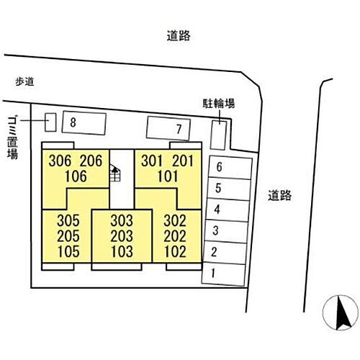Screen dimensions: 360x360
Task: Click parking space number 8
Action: pos(84,123)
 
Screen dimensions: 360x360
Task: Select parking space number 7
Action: pos(168,128)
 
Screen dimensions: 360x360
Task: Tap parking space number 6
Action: pos(230,167)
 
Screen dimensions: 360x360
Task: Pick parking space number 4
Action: pos(228,210)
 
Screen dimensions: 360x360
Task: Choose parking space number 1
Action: pos(224,274)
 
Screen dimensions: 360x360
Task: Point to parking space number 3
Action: pos(226,231)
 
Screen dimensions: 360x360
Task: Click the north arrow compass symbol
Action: pos(341,312)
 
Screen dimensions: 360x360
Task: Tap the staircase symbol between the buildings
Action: pos(115,173)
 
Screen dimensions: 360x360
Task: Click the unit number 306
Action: pos(60,161)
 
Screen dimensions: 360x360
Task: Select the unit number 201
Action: pos(183,161)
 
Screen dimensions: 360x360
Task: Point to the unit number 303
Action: pos(122,220)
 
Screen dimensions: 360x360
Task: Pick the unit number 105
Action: pos(68,251)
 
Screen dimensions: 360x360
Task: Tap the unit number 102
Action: pos(175,251)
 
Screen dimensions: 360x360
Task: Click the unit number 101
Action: pos(168,176)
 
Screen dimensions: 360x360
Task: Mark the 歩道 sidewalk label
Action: pos(24,81)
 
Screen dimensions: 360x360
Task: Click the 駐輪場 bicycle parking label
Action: pos(218,104)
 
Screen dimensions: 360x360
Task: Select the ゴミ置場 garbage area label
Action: pos(12,138)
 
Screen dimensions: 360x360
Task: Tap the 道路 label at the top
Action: pos(179,36)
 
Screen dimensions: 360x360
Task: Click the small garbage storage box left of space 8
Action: pos(50,122)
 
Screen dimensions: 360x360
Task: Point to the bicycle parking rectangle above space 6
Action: pos(218,135)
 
